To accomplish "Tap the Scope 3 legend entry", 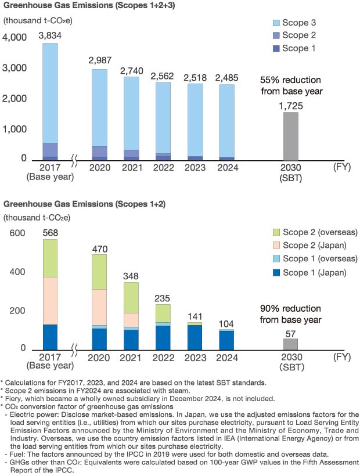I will pos(293,24).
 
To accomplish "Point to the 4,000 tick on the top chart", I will pos(15,38).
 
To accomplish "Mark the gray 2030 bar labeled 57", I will pos(290,344).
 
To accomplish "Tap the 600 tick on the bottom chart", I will pos(17,233).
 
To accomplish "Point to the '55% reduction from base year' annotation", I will pos(290,85).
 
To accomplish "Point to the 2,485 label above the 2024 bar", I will pos(227,77).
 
